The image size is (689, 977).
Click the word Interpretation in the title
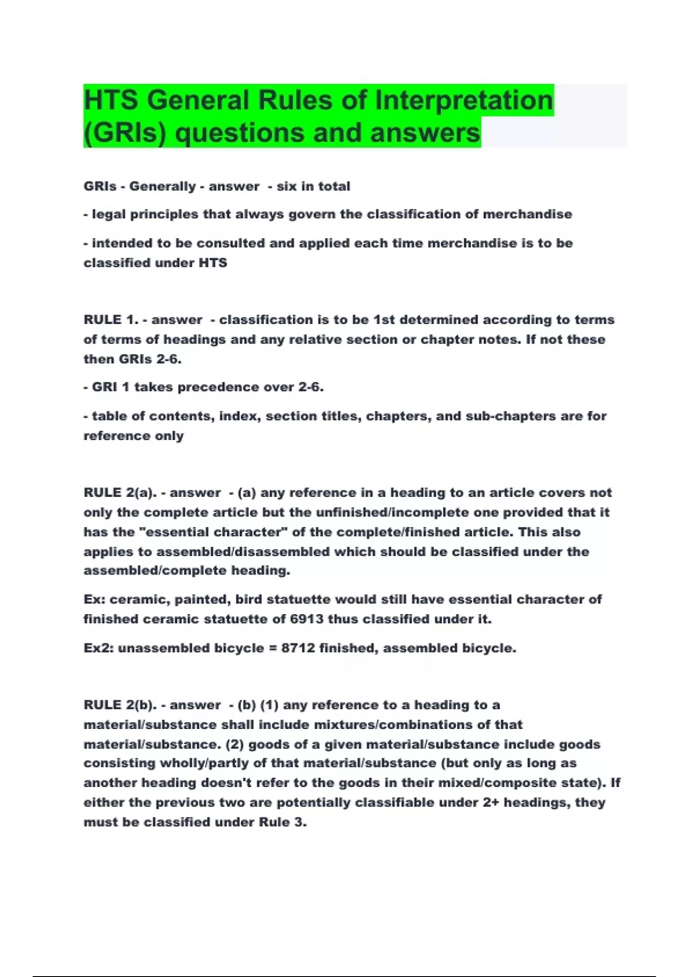point(464,101)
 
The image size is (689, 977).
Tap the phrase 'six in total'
point(313,186)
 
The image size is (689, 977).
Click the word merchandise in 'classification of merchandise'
point(527,214)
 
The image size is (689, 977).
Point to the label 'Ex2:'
point(98,648)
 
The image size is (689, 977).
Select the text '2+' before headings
point(491,802)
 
